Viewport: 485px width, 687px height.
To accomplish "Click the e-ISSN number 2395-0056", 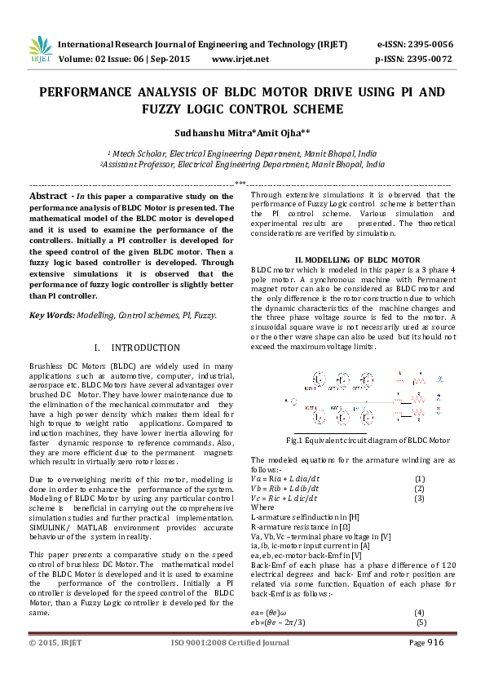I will pos(430,44).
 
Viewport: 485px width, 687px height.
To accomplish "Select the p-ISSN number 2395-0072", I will pos(430,59).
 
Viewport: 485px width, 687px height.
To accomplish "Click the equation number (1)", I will pos(420,478).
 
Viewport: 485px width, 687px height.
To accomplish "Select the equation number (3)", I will pos(420,498).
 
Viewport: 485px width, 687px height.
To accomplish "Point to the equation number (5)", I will pos(421,599).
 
